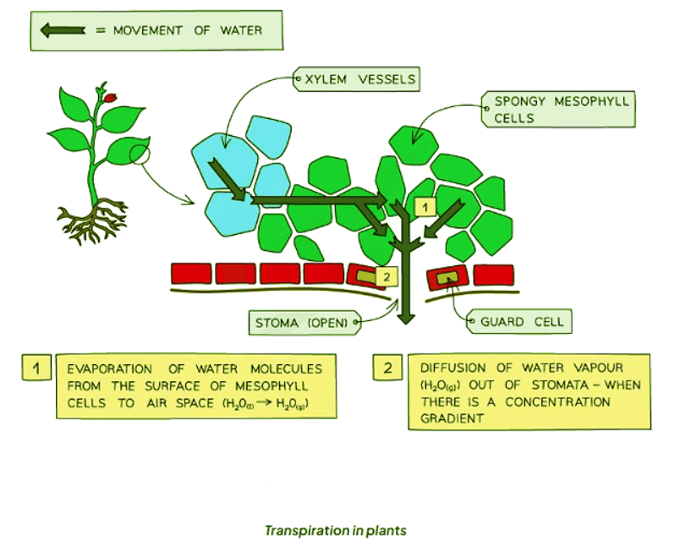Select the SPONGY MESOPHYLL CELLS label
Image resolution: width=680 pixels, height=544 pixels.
point(560,109)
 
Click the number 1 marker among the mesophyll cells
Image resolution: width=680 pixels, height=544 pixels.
point(424,206)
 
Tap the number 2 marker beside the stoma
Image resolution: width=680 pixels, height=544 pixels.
point(386,276)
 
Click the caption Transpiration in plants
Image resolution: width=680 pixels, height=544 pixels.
point(335,530)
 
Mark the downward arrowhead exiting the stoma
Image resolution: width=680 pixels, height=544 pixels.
point(406,318)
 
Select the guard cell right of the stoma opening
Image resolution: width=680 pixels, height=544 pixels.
point(448,276)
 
